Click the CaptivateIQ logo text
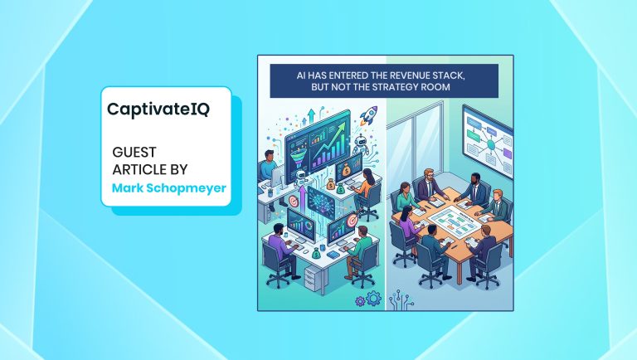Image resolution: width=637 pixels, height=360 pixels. (x=158, y=109)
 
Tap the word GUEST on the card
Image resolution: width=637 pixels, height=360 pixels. (x=135, y=153)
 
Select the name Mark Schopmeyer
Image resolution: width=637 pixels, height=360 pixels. (x=168, y=187)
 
